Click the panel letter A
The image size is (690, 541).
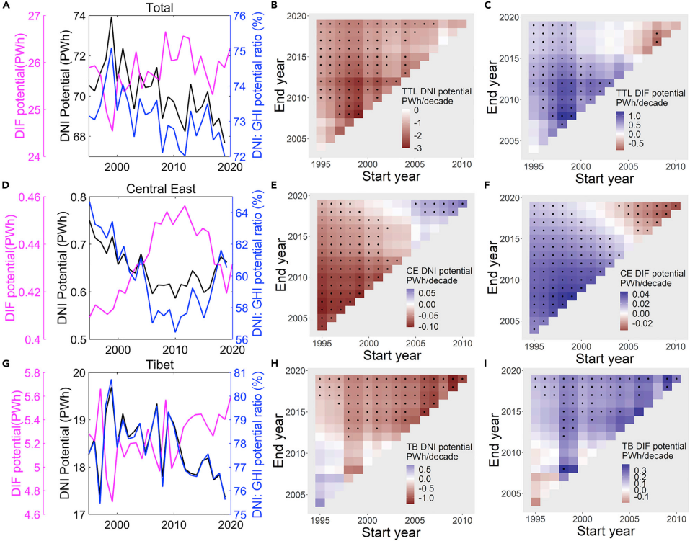point(5,6)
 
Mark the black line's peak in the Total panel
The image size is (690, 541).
point(111,17)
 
